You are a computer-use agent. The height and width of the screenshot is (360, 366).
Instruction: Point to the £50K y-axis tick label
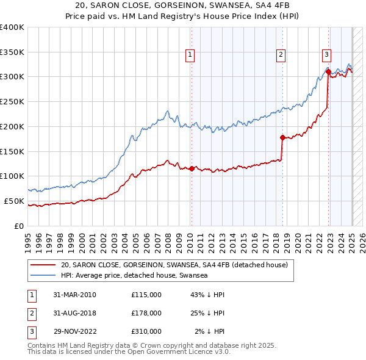pos(13,201)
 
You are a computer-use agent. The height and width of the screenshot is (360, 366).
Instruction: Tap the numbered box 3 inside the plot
pos(326,54)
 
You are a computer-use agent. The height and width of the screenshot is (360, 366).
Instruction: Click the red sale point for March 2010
pos(192,168)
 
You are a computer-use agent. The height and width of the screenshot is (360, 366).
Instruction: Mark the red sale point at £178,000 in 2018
pos(282,137)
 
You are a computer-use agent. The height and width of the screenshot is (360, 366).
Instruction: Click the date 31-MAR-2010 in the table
pos(75,295)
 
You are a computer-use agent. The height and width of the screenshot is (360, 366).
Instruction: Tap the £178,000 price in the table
pos(146,313)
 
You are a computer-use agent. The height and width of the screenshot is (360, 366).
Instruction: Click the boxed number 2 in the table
pos(31,313)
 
